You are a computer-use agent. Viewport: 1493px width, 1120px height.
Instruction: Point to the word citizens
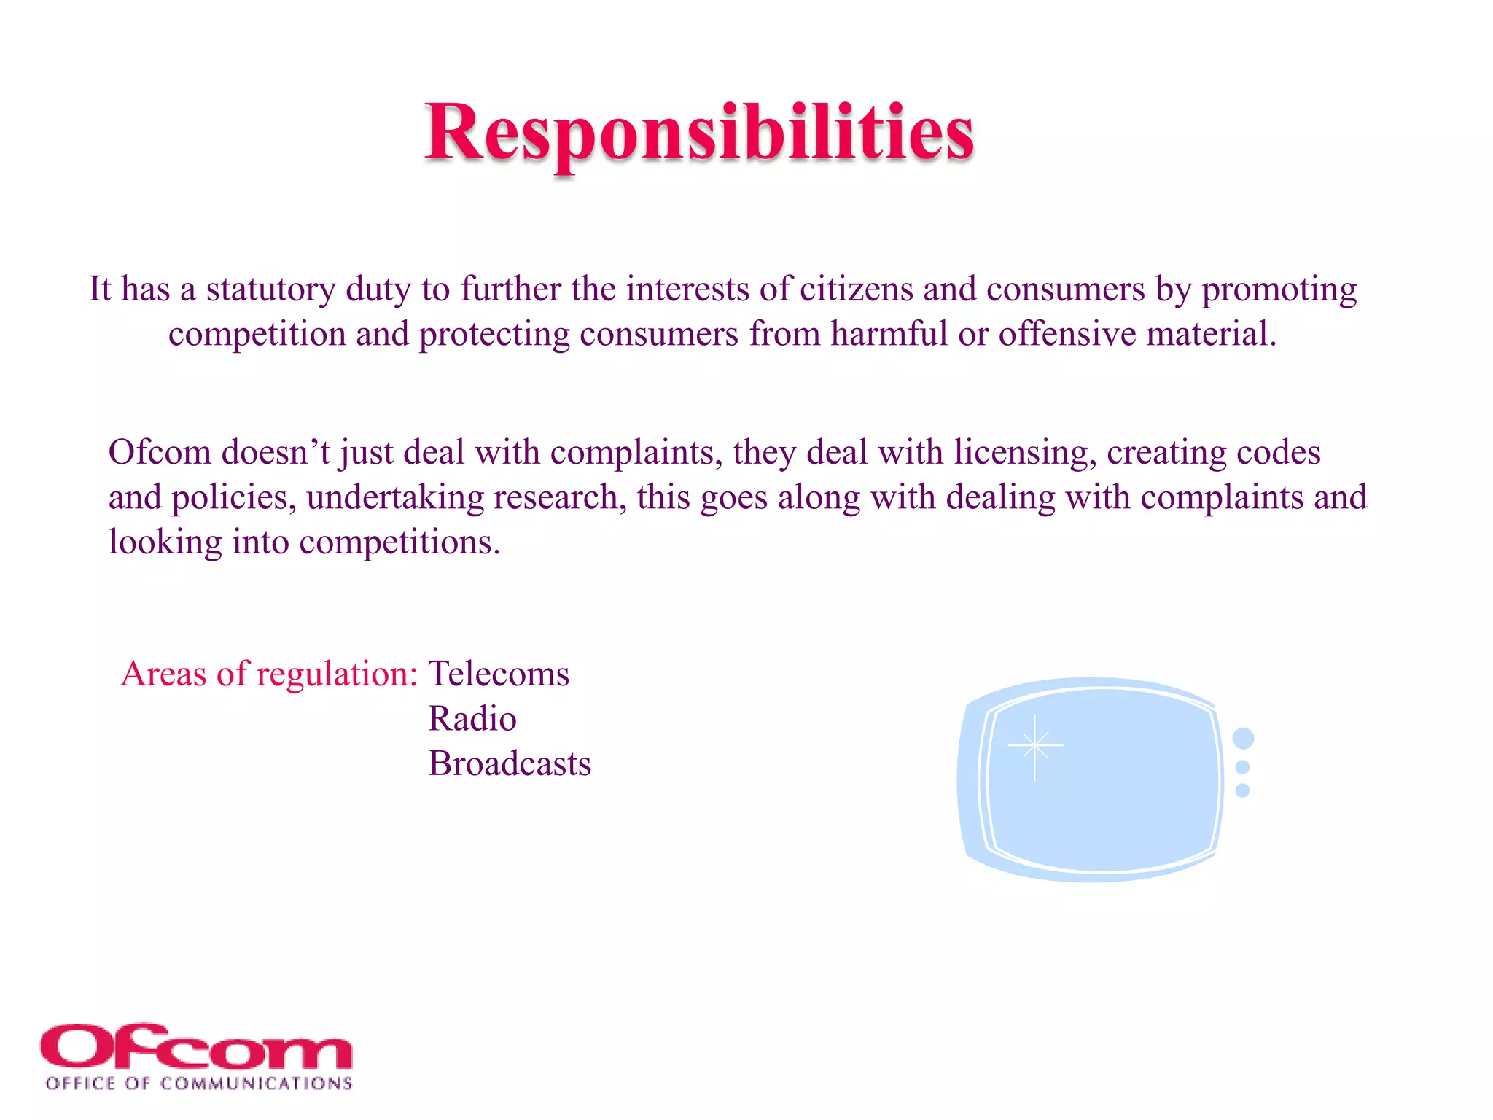pyautogui.click(x=856, y=289)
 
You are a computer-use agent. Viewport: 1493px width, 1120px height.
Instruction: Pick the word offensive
pyautogui.click(x=1067, y=335)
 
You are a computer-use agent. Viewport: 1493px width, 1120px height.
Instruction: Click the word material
pyautogui.click(x=1211, y=335)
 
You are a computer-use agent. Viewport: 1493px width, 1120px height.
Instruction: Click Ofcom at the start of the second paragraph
pyautogui.click(x=160, y=453)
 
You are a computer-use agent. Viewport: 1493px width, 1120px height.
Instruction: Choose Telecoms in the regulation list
pyautogui.click(x=499, y=674)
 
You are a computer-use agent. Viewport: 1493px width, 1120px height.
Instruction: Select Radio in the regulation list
pyautogui.click(x=472, y=719)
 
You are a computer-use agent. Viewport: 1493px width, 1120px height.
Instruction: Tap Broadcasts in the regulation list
pyautogui.click(x=510, y=764)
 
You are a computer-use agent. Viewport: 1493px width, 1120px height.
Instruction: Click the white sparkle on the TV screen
pyautogui.click(x=1034, y=746)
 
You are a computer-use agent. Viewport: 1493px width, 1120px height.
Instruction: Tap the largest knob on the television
pyautogui.click(x=1243, y=739)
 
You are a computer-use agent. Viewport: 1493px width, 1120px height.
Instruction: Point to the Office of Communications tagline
pyautogui.click(x=198, y=1084)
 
